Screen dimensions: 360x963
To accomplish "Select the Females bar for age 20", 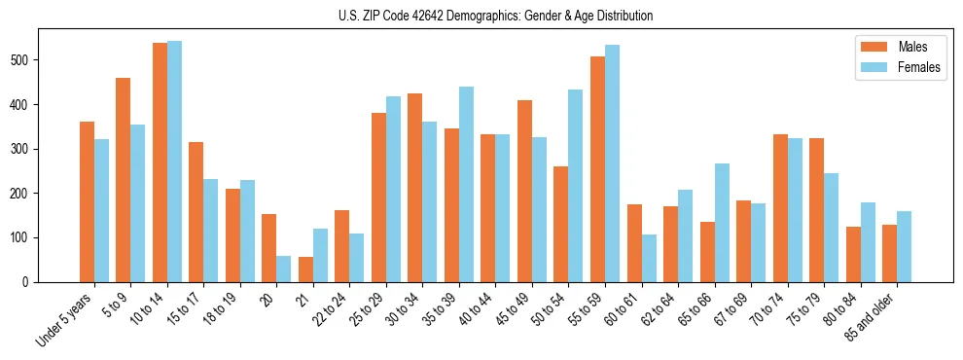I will coord(284,269).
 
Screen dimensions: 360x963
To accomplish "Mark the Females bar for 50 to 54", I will coord(576,186).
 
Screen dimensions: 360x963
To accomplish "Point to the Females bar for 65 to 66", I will coord(722,223).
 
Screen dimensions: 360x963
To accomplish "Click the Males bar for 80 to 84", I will coord(853,254).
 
